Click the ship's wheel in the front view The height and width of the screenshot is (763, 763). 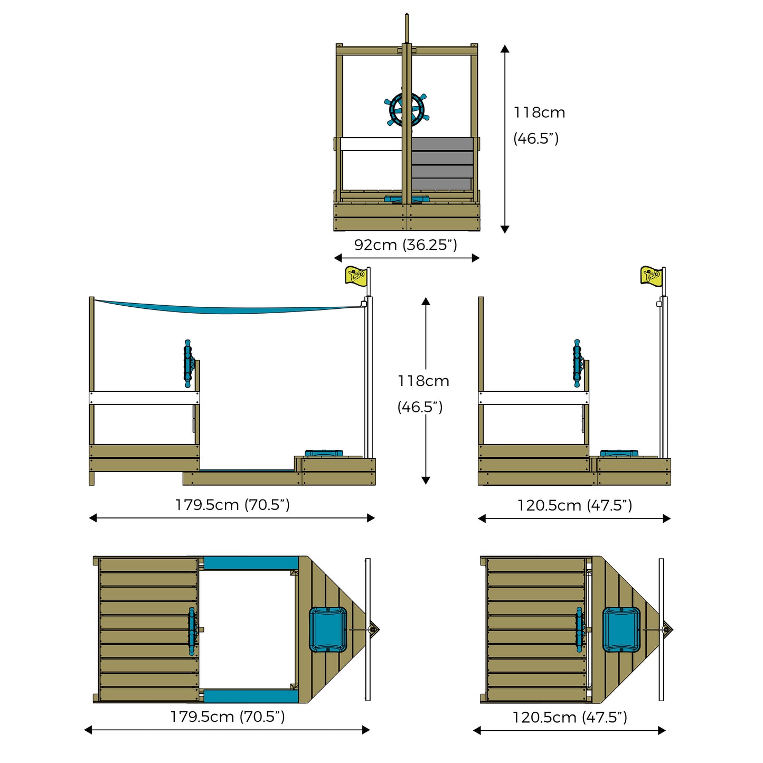(x=407, y=110)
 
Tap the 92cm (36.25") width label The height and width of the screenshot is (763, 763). (x=406, y=245)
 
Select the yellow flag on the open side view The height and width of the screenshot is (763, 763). (x=356, y=276)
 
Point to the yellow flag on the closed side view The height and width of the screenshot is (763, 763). (x=651, y=276)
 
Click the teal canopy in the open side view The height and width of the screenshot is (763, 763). (x=227, y=307)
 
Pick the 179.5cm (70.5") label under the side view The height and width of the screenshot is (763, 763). (x=232, y=505)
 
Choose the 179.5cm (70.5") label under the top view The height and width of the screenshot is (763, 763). (x=228, y=717)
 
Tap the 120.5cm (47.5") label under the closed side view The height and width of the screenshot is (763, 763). (x=574, y=505)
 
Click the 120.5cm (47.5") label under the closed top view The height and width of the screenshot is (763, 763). (x=570, y=717)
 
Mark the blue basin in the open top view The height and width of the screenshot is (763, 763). (x=328, y=629)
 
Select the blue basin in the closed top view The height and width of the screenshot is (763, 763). (x=621, y=629)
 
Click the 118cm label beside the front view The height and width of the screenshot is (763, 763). (x=539, y=112)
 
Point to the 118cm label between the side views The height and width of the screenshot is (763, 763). (x=423, y=381)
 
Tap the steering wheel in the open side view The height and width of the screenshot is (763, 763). (x=188, y=363)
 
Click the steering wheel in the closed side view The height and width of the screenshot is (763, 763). (x=578, y=363)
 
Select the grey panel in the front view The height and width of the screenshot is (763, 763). (x=442, y=164)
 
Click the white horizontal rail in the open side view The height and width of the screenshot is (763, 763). (x=144, y=398)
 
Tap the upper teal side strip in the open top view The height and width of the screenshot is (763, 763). (x=251, y=563)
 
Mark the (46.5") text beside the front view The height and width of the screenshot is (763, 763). (x=536, y=138)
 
